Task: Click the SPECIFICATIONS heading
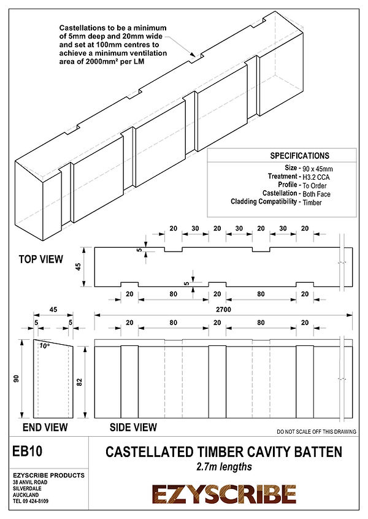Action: tap(299, 156)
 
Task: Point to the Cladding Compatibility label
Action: tap(265, 202)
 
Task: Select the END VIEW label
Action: tap(44, 427)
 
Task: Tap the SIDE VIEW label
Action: tap(132, 427)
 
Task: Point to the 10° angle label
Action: tap(44, 346)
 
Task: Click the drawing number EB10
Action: tap(28, 453)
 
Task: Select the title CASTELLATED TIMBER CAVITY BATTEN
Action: tap(224, 453)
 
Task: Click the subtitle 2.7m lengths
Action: tap(224, 466)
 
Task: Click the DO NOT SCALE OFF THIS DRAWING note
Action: tap(316, 432)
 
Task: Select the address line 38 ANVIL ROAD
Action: tap(33, 482)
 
